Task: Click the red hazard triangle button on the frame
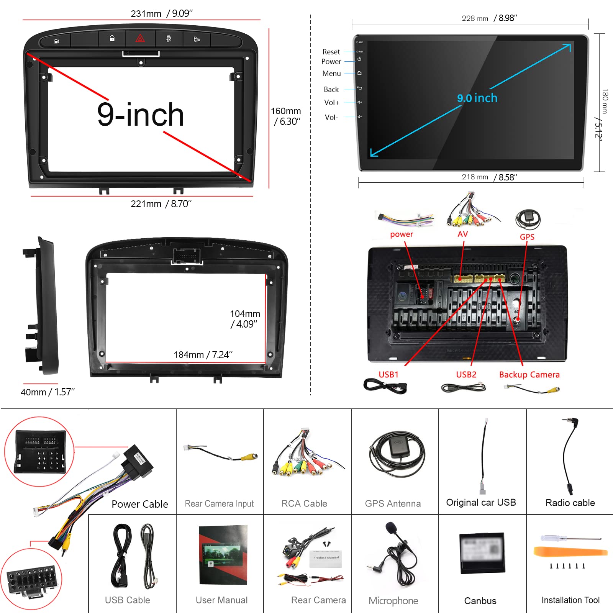(140, 38)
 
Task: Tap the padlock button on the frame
(112, 38)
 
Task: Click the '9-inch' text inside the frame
(140, 115)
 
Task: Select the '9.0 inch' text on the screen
(477, 98)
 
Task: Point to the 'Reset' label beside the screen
(331, 52)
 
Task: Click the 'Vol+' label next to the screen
(331, 102)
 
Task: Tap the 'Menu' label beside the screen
(331, 73)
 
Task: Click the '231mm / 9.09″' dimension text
(161, 13)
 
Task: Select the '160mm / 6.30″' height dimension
(286, 116)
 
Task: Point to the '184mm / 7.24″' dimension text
(203, 355)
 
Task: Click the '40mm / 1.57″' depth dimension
(48, 392)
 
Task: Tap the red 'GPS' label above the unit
(527, 237)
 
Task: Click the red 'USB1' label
(388, 374)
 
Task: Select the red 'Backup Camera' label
(529, 375)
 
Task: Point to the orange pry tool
(570, 552)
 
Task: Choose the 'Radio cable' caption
(570, 503)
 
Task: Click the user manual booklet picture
(223, 555)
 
